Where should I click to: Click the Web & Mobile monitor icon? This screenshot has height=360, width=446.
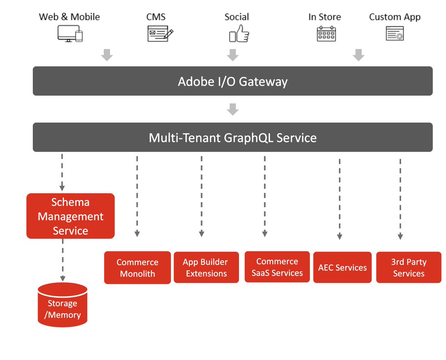tap(70, 34)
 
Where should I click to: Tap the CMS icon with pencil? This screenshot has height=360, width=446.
tap(160, 34)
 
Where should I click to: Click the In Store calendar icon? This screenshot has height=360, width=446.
tap(326, 34)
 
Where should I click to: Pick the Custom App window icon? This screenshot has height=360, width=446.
tap(395, 34)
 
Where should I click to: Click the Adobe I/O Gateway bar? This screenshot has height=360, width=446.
tap(233, 81)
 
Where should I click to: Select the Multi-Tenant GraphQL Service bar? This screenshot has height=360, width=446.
tap(233, 137)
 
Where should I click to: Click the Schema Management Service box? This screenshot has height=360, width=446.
tap(71, 216)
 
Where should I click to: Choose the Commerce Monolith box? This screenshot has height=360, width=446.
tap(137, 268)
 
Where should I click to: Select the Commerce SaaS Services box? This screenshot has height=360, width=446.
tap(277, 267)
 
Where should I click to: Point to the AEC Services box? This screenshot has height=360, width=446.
tap(342, 267)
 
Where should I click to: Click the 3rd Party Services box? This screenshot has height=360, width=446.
tap(408, 267)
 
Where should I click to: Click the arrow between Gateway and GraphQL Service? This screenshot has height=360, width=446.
tap(233, 109)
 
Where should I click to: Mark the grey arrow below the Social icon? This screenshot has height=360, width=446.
tap(233, 55)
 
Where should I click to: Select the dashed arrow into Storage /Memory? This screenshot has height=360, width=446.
tap(63, 260)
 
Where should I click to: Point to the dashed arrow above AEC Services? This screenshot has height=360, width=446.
tap(339, 199)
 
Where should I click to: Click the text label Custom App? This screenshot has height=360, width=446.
tap(395, 17)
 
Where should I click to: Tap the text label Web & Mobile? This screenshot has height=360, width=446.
tap(70, 17)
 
